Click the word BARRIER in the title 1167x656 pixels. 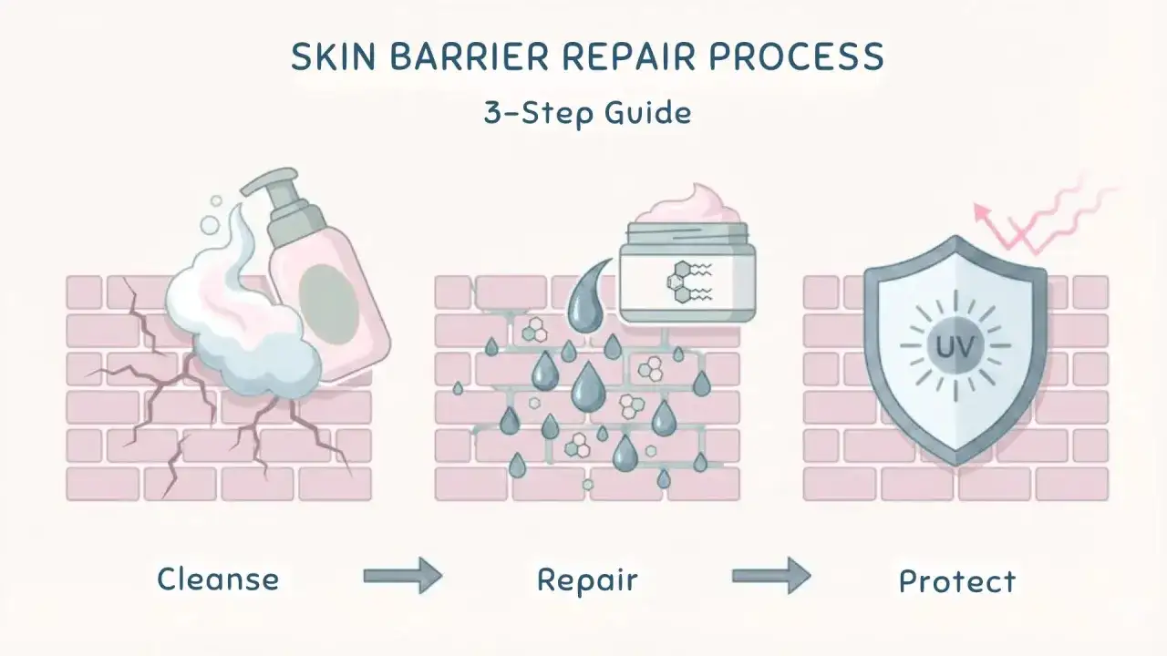(469, 56)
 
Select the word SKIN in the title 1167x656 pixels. (334, 56)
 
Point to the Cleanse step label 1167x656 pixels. (218, 579)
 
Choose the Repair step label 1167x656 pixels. (587, 580)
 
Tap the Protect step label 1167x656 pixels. (957, 581)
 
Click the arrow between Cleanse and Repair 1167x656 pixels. (403, 575)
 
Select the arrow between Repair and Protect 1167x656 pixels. (771, 575)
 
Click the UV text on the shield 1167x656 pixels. (955, 346)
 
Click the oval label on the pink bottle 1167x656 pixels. (329, 301)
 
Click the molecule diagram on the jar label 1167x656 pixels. (688, 282)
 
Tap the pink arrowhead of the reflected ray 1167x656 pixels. (982, 212)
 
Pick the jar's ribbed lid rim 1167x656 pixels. (687, 232)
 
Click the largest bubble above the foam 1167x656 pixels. (210, 225)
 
